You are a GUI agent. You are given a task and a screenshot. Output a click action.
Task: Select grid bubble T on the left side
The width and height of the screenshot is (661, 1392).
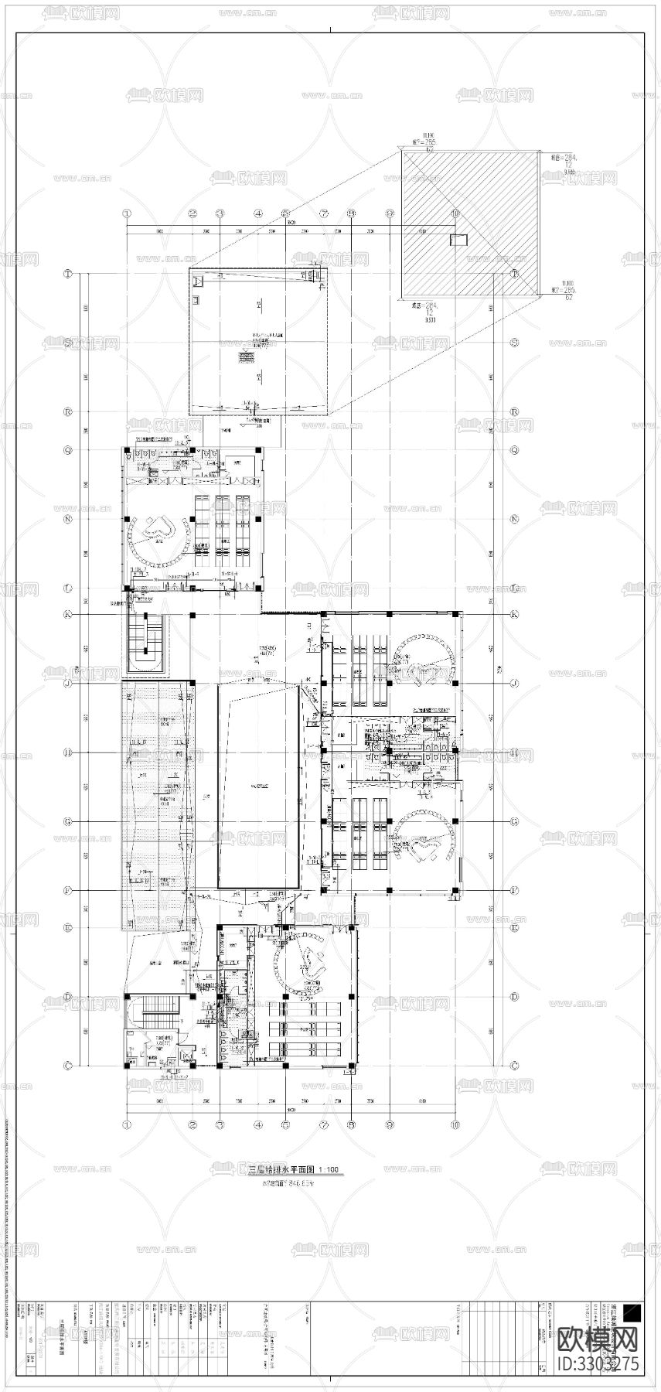click(68, 275)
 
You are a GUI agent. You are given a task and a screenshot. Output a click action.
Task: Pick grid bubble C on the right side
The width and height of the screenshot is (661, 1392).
click(514, 1066)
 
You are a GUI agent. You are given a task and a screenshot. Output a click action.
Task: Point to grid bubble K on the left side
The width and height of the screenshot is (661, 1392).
click(68, 614)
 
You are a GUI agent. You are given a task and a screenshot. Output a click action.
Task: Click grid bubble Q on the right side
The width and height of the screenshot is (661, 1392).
click(514, 449)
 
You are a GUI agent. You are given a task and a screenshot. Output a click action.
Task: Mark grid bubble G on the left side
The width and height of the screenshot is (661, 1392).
click(68, 821)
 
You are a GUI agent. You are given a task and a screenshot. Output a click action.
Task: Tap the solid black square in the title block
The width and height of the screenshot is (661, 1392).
click(632, 1312)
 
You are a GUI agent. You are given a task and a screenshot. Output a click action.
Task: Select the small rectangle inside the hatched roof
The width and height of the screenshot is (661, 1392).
click(458, 240)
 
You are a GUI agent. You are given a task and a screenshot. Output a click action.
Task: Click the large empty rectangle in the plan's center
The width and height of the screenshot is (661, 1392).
click(259, 786)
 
